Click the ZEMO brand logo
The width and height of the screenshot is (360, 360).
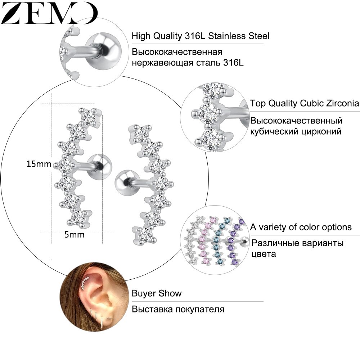pyautogui.click(x=49, y=13)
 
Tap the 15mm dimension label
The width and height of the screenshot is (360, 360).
pyautogui.click(x=39, y=164)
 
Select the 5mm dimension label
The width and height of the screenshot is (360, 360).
pyautogui.click(x=75, y=235)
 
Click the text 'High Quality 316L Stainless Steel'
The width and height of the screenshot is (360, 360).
pyautogui.click(x=201, y=36)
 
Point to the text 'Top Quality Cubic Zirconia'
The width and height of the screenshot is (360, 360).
pyautogui.click(x=305, y=103)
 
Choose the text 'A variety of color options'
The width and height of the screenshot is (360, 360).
pyautogui.click(x=301, y=227)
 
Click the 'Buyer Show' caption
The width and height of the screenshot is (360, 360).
pyautogui.click(x=157, y=293)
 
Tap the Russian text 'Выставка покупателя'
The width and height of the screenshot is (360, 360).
pyautogui.click(x=178, y=309)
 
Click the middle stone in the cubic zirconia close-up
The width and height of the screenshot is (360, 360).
pyautogui.click(x=208, y=113)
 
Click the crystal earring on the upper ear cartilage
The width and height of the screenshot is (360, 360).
pyautogui.click(x=85, y=283)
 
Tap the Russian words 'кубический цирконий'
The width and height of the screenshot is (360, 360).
pyautogui.click(x=296, y=132)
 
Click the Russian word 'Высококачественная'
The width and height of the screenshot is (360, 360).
pyautogui.click(x=177, y=52)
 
